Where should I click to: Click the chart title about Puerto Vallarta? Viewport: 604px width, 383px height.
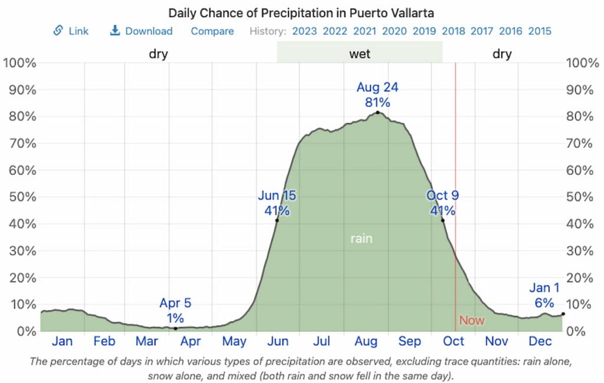point(302,13)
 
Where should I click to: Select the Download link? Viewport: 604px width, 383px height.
point(142,31)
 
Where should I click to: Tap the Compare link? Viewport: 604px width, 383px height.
point(212,31)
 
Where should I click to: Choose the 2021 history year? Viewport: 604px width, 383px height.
point(366,31)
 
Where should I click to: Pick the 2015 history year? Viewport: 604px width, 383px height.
point(540,31)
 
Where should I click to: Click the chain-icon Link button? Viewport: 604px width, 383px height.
point(71,31)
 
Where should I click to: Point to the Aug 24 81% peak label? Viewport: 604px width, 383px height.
point(377,94)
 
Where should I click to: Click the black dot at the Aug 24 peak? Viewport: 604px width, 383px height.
point(377,113)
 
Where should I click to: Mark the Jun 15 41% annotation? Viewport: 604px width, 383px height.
point(277,203)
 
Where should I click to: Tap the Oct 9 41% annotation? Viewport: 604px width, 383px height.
point(442,203)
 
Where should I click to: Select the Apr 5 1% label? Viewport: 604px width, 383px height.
point(175,311)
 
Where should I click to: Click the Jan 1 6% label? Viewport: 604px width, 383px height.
point(544,296)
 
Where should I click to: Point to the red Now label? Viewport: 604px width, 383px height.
point(471,321)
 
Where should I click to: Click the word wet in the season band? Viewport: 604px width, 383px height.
point(360,54)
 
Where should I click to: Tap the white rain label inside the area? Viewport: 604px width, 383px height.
point(362,239)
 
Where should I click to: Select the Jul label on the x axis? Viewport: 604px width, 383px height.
point(321,341)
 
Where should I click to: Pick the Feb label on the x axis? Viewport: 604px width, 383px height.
point(104,341)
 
